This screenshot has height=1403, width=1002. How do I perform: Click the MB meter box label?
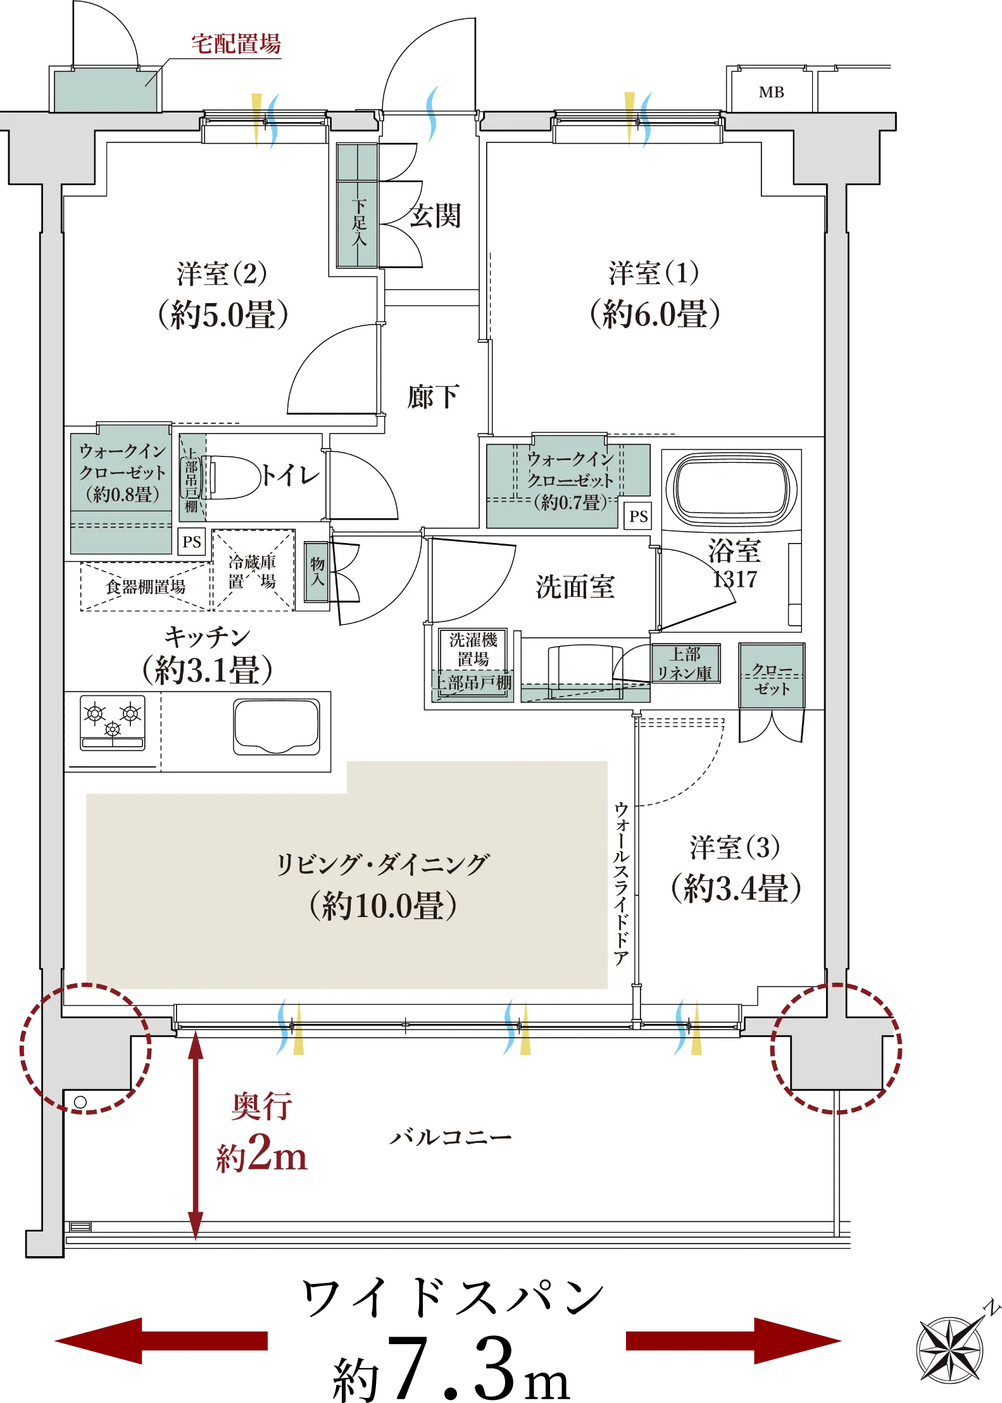[x=771, y=92]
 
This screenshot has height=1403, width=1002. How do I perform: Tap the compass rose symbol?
[x=951, y=1349]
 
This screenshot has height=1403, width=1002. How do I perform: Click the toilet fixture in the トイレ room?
[x=231, y=477]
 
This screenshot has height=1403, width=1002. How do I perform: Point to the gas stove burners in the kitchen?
[x=113, y=723]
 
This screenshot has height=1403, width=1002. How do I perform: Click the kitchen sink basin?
[x=277, y=726]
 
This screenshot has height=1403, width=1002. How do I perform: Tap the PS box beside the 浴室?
[x=638, y=516]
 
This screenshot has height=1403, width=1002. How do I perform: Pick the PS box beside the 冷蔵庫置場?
[x=192, y=542]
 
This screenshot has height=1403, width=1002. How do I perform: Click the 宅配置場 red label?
[x=236, y=44]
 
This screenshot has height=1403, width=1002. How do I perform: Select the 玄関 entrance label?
[x=435, y=216]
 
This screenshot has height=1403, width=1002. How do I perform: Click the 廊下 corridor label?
[x=433, y=397]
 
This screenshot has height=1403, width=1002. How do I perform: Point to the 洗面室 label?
[x=575, y=587]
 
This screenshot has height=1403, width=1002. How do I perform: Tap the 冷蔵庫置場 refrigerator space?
[x=253, y=570]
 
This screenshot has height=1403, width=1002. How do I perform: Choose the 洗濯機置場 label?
[x=473, y=649]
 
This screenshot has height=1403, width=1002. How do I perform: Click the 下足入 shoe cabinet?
[x=358, y=206]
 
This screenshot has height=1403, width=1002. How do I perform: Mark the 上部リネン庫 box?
[x=686, y=663]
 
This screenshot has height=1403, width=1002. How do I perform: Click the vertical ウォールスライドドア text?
[x=622, y=883]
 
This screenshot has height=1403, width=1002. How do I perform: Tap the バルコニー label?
[x=450, y=1137]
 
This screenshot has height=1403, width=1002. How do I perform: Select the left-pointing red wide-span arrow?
[x=161, y=1340]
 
